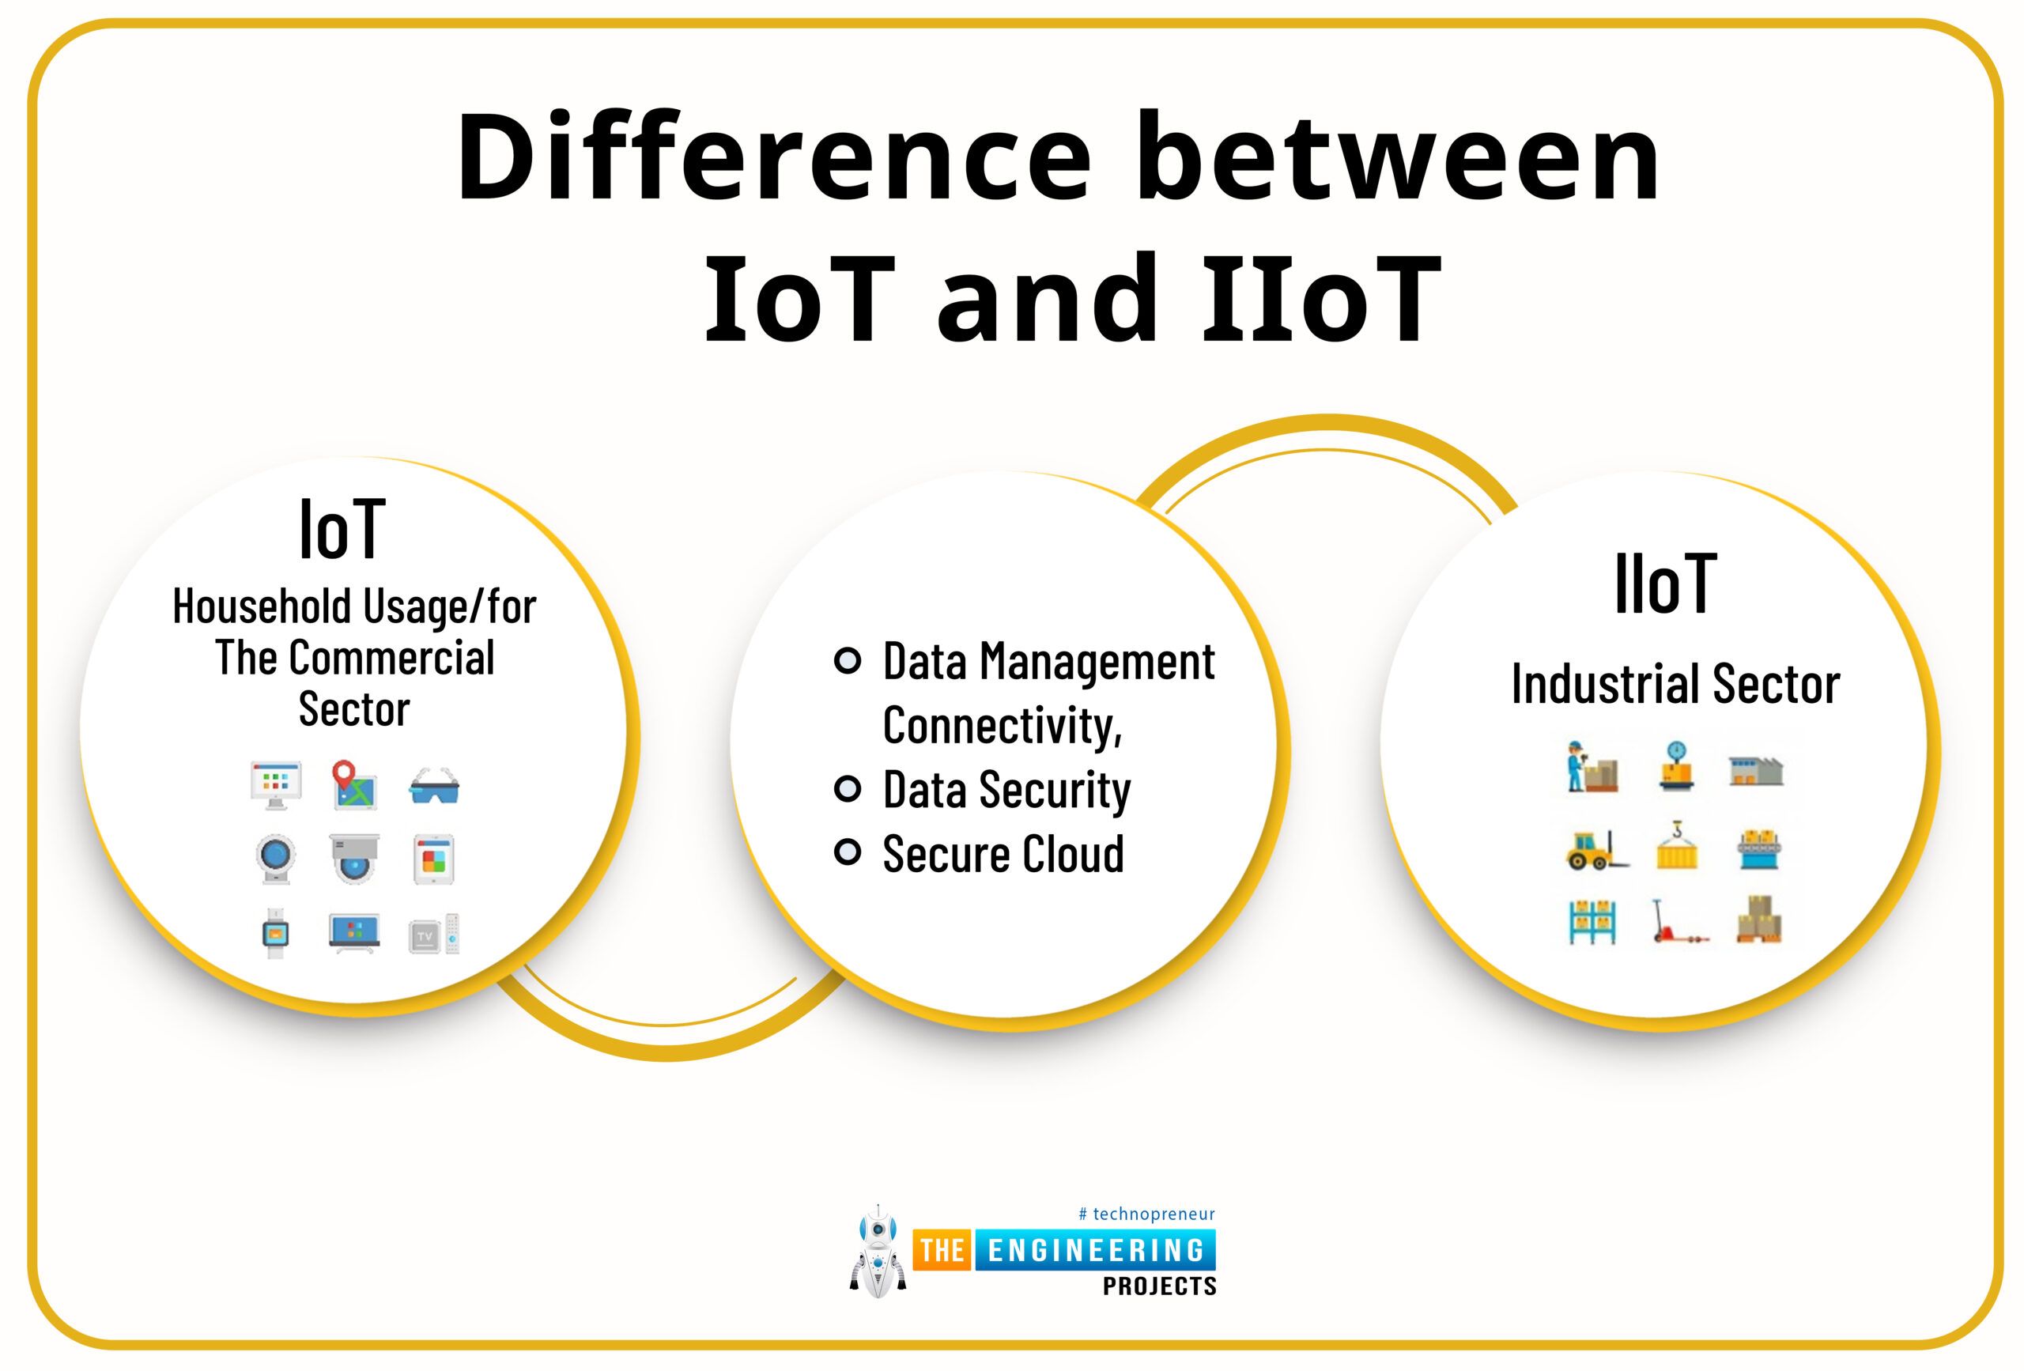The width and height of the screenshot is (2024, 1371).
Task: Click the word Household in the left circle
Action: (260, 606)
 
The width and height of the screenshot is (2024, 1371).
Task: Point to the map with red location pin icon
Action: (353, 785)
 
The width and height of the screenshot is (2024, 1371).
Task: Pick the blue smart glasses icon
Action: (434, 787)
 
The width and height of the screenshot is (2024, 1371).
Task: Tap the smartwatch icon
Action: (275, 933)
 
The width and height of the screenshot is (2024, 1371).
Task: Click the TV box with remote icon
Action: (434, 934)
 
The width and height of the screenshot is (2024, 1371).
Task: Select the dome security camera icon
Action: (353, 859)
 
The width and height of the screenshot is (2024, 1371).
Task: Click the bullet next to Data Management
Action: (848, 660)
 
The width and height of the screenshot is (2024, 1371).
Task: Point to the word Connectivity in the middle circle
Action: (1002, 725)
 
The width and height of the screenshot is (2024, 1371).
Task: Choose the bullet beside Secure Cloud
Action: (848, 852)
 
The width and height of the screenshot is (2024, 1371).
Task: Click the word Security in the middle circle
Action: (1055, 789)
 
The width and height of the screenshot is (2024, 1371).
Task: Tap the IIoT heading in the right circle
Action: (1665, 583)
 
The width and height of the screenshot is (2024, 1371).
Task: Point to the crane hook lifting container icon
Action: (1676, 845)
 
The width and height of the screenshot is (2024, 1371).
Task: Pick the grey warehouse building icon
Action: (1756, 770)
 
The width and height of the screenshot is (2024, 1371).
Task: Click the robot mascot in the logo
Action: (878, 1252)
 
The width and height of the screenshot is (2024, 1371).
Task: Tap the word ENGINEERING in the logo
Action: (1095, 1250)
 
